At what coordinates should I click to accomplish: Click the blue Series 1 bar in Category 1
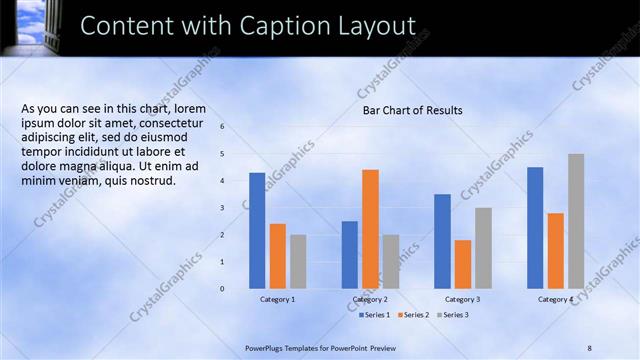coord(257,231)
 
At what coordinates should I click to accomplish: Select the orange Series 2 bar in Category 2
coord(370,229)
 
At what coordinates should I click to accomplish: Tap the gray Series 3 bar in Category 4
coord(576,221)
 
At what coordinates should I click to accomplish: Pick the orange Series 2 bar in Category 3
coord(462,264)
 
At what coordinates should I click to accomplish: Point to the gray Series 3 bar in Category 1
coord(298,261)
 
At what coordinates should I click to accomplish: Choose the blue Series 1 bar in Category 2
coord(350,255)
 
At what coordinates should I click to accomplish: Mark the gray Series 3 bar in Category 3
coord(483,248)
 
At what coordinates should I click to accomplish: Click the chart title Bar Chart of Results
coord(412,110)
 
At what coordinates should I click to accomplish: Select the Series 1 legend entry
coord(373,315)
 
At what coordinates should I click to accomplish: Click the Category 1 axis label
coord(277,299)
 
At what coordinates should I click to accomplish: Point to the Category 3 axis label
coord(462,299)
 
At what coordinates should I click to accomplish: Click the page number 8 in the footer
coord(589,347)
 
